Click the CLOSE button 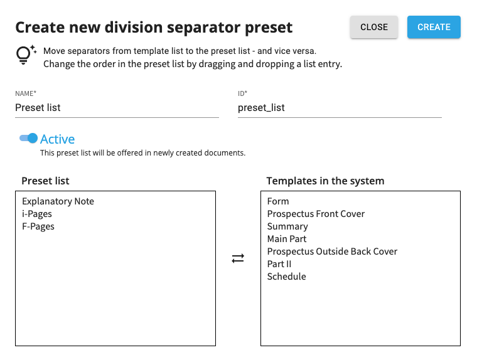coord(374,27)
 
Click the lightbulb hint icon coord(26,55)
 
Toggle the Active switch coord(28,139)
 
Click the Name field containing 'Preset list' coord(117,108)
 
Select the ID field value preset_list coord(261,108)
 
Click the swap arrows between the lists coord(238,258)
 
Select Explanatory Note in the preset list coord(58,201)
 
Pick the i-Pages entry coord(37,214)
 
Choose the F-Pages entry coord(38,226)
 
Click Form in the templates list coord(278,201)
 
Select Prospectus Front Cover coord(316,214)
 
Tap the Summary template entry coord(287,226)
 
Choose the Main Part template coord(287,239)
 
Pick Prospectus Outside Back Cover coord(332,251)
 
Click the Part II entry coord(279,264)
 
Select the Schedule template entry coord(287,277)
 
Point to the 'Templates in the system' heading coord(326,181)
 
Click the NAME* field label coord(26,93)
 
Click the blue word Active coord(58,139)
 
